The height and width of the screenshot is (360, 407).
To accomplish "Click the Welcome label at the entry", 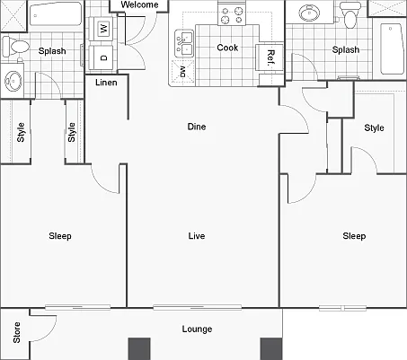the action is pos(139,4).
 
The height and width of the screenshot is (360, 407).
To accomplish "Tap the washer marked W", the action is pos(103,29).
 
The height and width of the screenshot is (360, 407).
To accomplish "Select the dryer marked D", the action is pos(103,57).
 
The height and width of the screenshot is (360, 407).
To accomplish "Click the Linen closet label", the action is pos(106,83).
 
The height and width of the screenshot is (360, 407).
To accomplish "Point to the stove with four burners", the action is pos(232,14).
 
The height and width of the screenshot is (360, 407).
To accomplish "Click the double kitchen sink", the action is pos(184,44).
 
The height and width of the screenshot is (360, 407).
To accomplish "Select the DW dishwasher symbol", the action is pos(182,72).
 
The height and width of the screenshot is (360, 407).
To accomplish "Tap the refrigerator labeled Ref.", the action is pos(270,57).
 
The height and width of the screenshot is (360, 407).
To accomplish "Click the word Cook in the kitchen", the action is pos(227,48).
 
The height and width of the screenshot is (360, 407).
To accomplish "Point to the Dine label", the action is pos(197,127).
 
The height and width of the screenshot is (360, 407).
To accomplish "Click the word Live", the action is pos(197,236).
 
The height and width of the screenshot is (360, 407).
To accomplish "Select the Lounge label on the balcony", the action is pos(197,329).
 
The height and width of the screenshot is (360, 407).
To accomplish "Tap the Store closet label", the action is pos(17,332).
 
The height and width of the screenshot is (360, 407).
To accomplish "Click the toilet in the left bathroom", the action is pos(16,47).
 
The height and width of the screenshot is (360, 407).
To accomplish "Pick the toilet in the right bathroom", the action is pos(349,16).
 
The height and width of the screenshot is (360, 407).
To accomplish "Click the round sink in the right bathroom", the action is pos(309,13).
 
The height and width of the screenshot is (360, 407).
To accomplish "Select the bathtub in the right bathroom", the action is pos(391,48).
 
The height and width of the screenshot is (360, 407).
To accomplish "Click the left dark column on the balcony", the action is pos(139,349).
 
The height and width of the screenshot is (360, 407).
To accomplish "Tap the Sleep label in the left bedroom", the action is pos(60,236).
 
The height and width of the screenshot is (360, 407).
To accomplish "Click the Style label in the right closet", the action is pos(374,128).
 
